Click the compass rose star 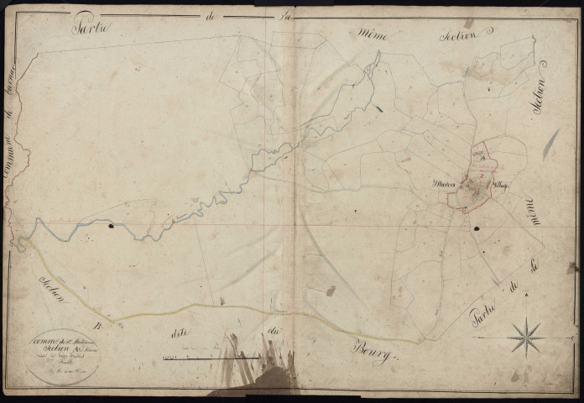point(527,338)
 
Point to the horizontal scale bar point(210,359)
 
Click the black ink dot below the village point(477,228)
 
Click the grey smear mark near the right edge point(550,144)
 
